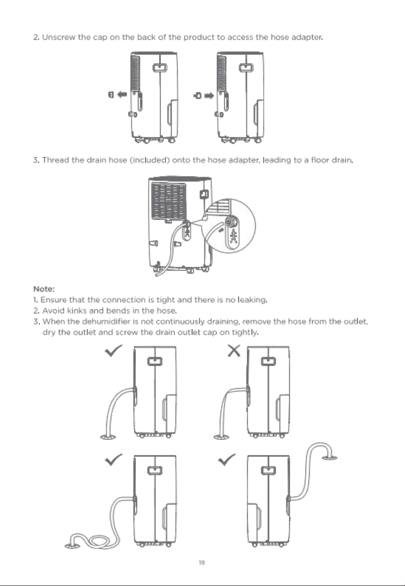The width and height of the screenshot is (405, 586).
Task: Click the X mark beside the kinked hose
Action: coord(234,351)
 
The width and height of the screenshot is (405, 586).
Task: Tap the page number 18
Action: coord(202,563)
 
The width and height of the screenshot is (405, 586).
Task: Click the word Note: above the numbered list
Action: coord(44,289)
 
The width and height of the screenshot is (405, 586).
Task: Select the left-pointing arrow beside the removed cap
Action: coord(122,94)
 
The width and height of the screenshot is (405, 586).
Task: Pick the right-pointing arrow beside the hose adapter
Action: coord(209,96)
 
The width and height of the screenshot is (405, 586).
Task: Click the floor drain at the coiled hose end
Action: coord(72,545)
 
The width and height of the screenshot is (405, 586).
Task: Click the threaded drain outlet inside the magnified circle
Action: coord(232,221)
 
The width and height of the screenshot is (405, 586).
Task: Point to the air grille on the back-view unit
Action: coord(169,202)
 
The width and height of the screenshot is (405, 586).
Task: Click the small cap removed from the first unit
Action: coord(111,94)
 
